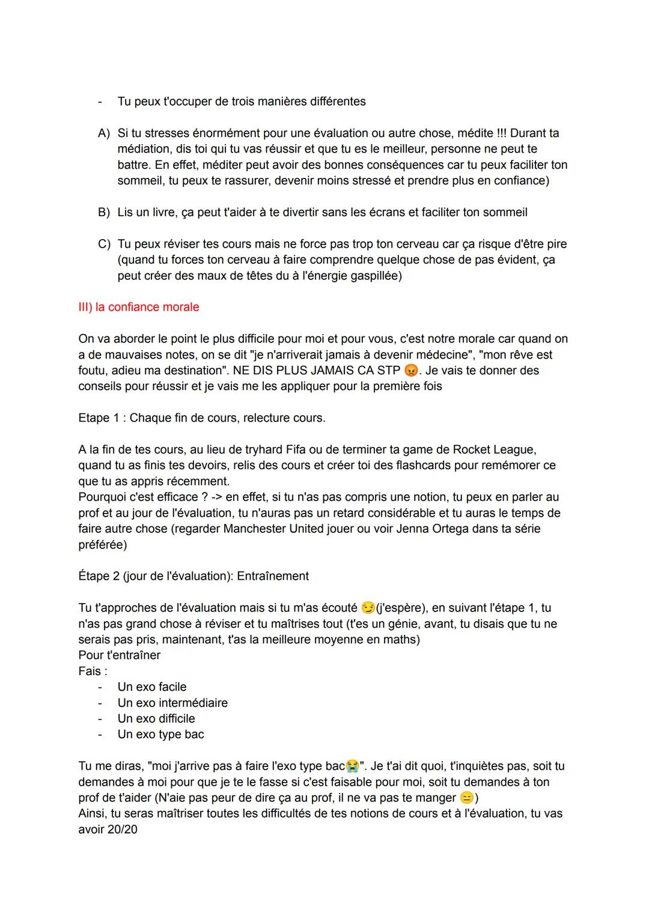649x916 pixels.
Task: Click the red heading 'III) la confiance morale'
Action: click(x=138, y=307)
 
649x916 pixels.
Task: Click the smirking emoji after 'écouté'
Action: click(x=367, y=608)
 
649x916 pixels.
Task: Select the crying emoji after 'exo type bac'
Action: click(x=352, y=766)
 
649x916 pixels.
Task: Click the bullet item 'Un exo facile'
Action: click(x=152, y=687)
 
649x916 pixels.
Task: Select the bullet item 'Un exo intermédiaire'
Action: click(x=172, y=703)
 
